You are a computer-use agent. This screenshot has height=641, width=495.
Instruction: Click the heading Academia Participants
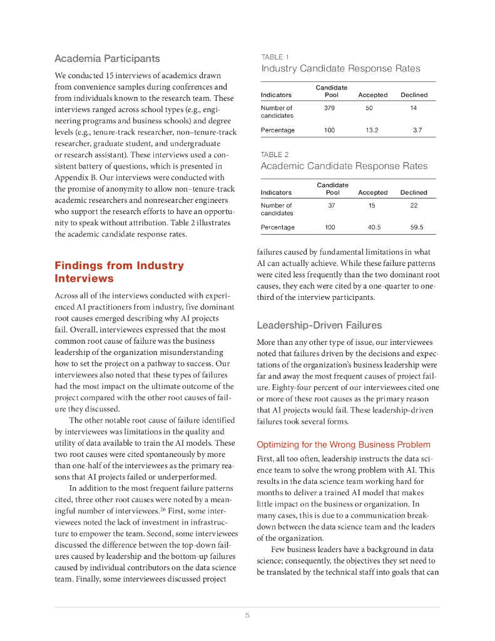(107, 59)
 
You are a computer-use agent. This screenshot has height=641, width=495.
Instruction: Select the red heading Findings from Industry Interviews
(119, 272)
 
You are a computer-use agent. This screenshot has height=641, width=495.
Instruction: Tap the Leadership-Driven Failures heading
(319, 326)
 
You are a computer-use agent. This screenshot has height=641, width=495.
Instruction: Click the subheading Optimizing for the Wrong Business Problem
(344, 444)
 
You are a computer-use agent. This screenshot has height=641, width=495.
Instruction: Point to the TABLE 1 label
(275, 57)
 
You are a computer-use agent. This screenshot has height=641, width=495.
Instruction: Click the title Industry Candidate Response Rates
(340, 68)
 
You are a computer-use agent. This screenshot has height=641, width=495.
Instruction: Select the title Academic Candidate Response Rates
(344, 166)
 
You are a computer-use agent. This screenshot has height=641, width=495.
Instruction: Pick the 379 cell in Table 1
(330, 108)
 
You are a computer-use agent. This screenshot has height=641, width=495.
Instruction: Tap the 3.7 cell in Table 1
(417, 130)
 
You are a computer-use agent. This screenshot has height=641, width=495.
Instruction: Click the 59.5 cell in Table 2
(416, 227)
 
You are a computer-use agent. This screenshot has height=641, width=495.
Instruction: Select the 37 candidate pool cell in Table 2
(332, 205)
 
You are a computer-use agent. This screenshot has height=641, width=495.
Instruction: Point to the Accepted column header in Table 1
(372, 95)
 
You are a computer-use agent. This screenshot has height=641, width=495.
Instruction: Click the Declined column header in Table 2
(414, 193)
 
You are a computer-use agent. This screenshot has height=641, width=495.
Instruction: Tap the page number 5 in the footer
(247, 615)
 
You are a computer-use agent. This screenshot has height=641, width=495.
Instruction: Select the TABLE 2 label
(275, 154)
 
